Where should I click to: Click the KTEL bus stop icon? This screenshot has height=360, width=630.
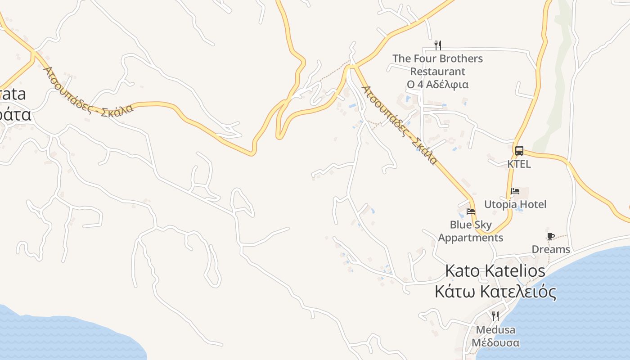pos(519,150)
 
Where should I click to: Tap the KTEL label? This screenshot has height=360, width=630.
pos(519,164)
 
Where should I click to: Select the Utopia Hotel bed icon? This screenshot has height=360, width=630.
pos(515,191)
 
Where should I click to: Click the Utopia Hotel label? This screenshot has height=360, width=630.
pos(515,204)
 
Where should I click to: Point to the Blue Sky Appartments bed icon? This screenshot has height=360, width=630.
pos(471,211)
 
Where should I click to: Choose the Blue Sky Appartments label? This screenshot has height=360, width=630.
pos(471,231)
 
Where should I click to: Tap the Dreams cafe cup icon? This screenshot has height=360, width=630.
pos(550,237)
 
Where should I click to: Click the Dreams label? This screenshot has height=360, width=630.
pos(550,249)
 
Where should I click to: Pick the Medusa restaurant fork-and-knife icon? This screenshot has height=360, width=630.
pos(495,316)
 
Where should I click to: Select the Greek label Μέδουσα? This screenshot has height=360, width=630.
pos(495,343)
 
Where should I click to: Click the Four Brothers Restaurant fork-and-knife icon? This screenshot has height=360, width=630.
pos(437,45)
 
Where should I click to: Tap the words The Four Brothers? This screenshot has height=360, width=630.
pos(437,58)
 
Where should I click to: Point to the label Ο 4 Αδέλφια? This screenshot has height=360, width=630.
pos(437,84)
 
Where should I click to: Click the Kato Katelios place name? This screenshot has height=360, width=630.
pos(495,271)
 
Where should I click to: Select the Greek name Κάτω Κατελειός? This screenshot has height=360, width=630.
pos(495,292)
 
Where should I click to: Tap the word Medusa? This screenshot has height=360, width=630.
pos(495,330)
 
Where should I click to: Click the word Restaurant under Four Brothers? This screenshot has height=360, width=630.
pos(437,72)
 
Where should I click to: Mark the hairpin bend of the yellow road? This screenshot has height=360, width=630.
pos(279,135)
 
